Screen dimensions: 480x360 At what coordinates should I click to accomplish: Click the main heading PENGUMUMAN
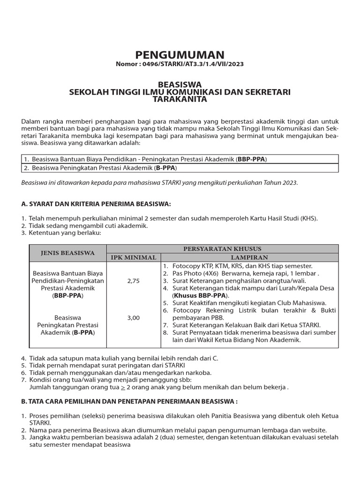coord(180,55)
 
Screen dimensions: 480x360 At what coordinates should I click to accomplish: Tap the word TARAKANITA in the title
coord(180,99)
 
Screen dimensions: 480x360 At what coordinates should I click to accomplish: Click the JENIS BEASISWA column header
coord(67,253)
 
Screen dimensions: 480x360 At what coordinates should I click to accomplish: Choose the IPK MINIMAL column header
coord(134,257)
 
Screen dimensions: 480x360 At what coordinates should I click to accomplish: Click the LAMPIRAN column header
coord(249,257)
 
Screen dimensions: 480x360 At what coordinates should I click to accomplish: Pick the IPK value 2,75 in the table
coord(134,281)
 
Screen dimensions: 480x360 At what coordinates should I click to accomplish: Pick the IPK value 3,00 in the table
coord(134,318)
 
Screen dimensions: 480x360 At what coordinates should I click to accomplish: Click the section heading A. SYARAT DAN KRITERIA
coord(97,204)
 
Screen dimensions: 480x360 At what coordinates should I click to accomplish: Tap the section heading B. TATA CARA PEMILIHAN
coord(129,401)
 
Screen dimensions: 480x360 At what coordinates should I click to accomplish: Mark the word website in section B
coord(315,430)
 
